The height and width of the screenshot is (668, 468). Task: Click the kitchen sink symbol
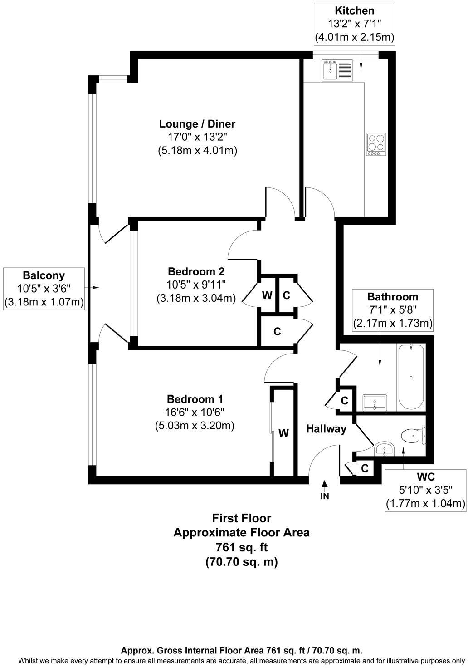[337, 71]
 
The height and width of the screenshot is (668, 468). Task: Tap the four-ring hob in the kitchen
[376, 144]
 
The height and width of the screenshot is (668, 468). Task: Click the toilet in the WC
[414, 435]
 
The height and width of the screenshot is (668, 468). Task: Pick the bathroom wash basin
[375, 402]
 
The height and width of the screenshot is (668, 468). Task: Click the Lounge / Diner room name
[197, 124]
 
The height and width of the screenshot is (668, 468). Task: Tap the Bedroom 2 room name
[196, 271]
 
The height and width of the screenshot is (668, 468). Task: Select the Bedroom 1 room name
[195, 399]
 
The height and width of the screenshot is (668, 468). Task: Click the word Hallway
[326, 429]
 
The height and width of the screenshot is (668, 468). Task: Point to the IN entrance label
[325, 496]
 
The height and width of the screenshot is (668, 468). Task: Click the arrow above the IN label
[325, 484]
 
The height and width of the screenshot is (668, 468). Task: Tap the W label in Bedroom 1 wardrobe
[283, 433]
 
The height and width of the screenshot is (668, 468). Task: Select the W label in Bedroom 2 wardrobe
[268, 295]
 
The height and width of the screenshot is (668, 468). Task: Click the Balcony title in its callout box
[44, 275]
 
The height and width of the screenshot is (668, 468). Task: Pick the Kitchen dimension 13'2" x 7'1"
[355, 24]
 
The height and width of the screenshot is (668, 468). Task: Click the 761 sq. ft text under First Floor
[241, 547]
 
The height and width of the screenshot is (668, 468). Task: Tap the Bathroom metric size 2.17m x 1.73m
[393, 324]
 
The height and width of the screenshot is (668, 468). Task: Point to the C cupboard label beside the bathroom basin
[345, 401]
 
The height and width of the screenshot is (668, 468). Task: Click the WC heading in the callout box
[425, 476]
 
